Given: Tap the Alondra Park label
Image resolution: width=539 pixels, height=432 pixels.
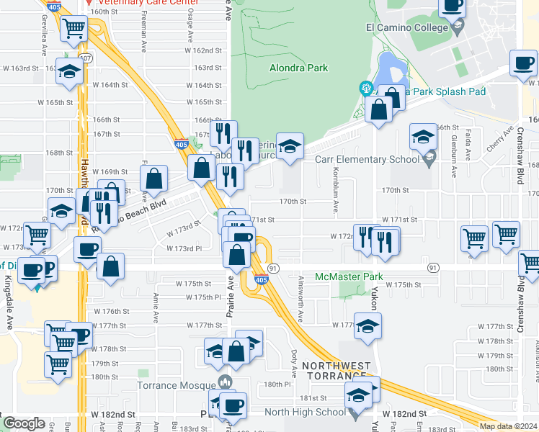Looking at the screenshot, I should [298, 68].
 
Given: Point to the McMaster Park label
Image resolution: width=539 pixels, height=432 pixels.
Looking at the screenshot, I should [349, 276].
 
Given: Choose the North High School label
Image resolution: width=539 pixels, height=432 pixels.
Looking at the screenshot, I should [305, 412].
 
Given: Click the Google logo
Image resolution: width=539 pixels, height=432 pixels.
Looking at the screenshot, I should [24, 423].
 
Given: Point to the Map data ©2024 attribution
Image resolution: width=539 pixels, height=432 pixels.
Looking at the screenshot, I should [508, 426].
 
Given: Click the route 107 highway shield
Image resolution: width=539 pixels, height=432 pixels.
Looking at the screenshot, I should [86, 58].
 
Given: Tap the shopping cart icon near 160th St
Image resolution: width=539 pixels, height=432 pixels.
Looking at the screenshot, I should [73, 30].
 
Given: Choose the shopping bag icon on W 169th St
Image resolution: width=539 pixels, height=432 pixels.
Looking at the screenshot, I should [154, 177].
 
